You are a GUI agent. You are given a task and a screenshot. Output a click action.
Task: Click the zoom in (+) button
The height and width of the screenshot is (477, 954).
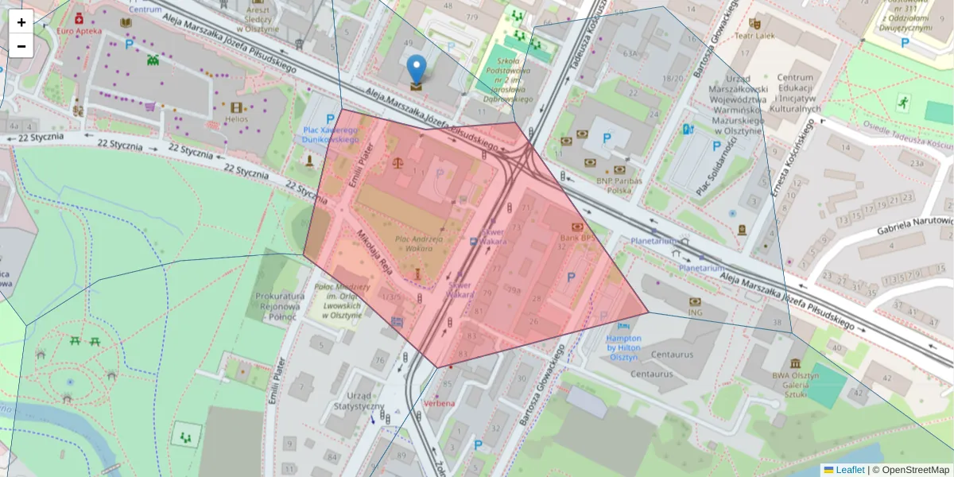(21, 22)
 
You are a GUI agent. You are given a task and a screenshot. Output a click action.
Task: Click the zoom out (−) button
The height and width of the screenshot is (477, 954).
(21, 46)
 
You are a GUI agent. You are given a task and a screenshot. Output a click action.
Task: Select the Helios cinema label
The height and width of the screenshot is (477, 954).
(237, 118)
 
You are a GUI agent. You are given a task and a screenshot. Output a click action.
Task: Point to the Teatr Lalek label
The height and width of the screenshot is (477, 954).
(754, 36)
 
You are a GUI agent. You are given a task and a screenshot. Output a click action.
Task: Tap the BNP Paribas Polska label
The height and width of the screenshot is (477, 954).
(619, 185)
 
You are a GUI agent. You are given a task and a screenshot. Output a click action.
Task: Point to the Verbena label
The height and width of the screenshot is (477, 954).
(440, 403)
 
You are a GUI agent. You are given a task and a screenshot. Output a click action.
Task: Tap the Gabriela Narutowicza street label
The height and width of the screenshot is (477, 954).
(914, 225)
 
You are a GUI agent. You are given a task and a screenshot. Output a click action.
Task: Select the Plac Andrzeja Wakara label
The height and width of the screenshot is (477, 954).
(420, 242)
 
